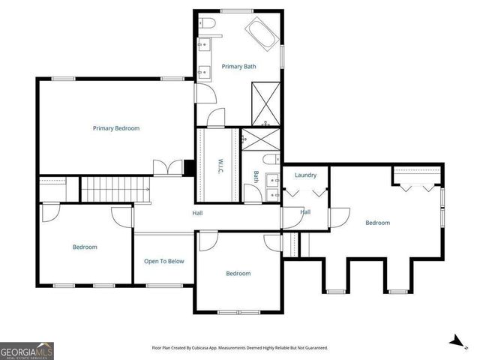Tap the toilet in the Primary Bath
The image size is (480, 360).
[210, 25]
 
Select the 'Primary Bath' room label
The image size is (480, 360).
[238, 67]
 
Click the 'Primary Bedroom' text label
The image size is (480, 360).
[116, 128]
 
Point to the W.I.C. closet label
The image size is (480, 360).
[220, 166]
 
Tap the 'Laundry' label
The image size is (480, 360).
[305, 175]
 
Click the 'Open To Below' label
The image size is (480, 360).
[163, 261]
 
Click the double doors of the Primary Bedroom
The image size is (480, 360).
[168, 168]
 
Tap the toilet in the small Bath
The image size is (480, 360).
[271, 159]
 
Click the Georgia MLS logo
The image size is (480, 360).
[26, 350]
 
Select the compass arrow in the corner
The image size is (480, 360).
[454, 340]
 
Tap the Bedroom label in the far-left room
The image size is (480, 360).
[85, 247]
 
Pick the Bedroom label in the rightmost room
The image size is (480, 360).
[377, 222]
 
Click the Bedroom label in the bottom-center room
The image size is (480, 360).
[238, 273]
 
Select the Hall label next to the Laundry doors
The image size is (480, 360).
[305, 212]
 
